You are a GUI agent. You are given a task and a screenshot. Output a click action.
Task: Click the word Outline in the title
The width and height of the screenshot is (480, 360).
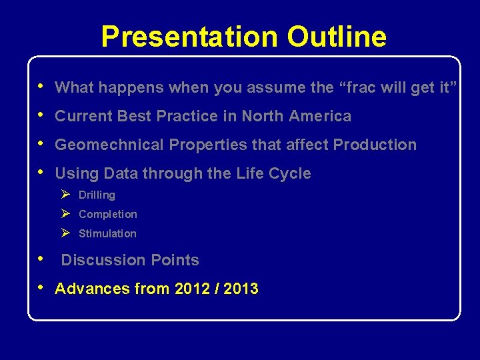tap(337, 37)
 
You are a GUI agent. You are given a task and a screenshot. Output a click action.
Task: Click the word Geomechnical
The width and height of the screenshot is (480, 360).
tap(110, 145)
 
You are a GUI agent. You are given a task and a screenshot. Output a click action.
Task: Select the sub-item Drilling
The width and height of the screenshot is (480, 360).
tap(97, 195)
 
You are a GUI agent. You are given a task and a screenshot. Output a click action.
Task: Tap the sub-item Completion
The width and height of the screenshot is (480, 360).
tap(107, 215)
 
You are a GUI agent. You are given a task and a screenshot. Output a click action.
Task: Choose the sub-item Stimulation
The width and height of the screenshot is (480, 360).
tap(107, 234)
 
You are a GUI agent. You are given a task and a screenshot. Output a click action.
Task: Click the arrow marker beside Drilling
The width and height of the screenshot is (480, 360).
tap(65, 195)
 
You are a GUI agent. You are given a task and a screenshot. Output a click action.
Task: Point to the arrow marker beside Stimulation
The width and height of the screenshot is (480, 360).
tap(65, 233)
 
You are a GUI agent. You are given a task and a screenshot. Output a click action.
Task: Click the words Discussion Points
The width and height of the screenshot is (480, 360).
tap(130, 260)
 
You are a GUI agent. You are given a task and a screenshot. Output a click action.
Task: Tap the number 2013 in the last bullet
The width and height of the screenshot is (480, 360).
tap(240, 289)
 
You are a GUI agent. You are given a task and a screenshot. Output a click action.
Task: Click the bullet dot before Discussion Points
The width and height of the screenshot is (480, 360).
tap(42, 259)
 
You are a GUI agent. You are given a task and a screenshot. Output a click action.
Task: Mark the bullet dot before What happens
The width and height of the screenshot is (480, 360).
tap(42, 86)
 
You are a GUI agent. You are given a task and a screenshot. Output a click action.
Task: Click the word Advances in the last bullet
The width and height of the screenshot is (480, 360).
tap(86, 289)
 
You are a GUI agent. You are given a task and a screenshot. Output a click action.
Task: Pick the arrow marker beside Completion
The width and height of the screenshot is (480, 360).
tap(65, 214)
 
